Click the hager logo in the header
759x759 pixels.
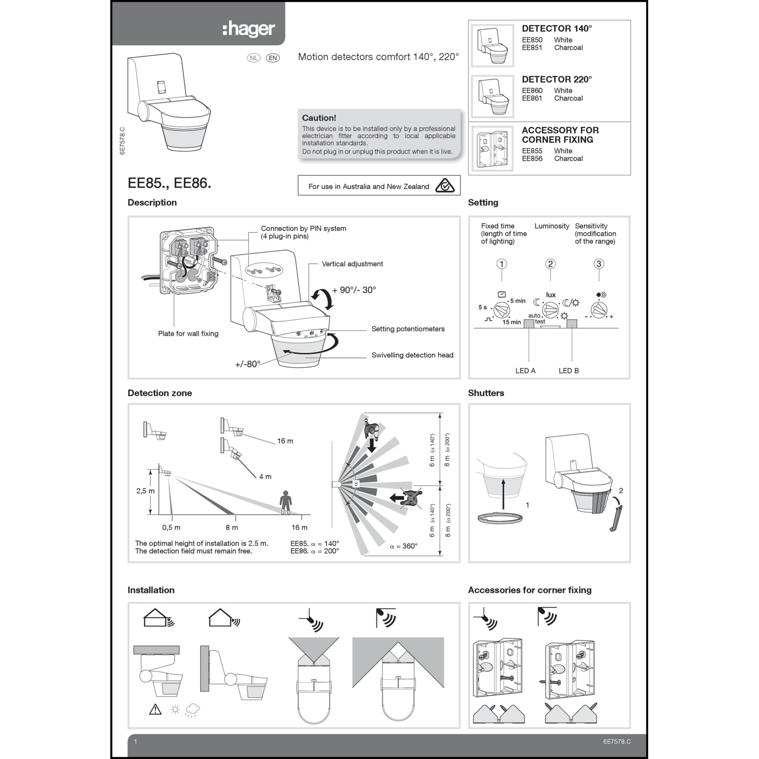[x=249, y=29]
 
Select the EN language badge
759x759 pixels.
[x=273, y=58]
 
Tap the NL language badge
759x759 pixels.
[x=254, y=58]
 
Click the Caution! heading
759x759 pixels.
[x=319, y=118]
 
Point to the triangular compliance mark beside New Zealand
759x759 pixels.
[x=445, y=186]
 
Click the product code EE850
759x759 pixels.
[x=532, y=40]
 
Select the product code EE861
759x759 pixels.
[x=532, y=98]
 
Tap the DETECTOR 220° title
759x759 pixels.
[x=557, y=79]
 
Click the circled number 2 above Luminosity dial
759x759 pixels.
[x=550, y=264]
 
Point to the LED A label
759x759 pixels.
[x=525, y=371]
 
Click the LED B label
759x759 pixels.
[x=568, y=371]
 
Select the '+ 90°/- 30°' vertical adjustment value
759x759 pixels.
[x=354, y=290]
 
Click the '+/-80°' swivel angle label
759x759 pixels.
[x=247, y=364]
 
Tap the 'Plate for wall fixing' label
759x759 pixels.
[x=188, y=333]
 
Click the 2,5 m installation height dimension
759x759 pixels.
[x=145, y=491]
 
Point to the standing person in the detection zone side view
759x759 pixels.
[x=286, y=502]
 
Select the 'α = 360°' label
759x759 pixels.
[x=403, y=546]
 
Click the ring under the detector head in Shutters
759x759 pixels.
[x=500, y=518]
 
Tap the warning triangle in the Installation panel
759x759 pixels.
[x=155, y=709]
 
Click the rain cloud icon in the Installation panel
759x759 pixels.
[x=192, y=710]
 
